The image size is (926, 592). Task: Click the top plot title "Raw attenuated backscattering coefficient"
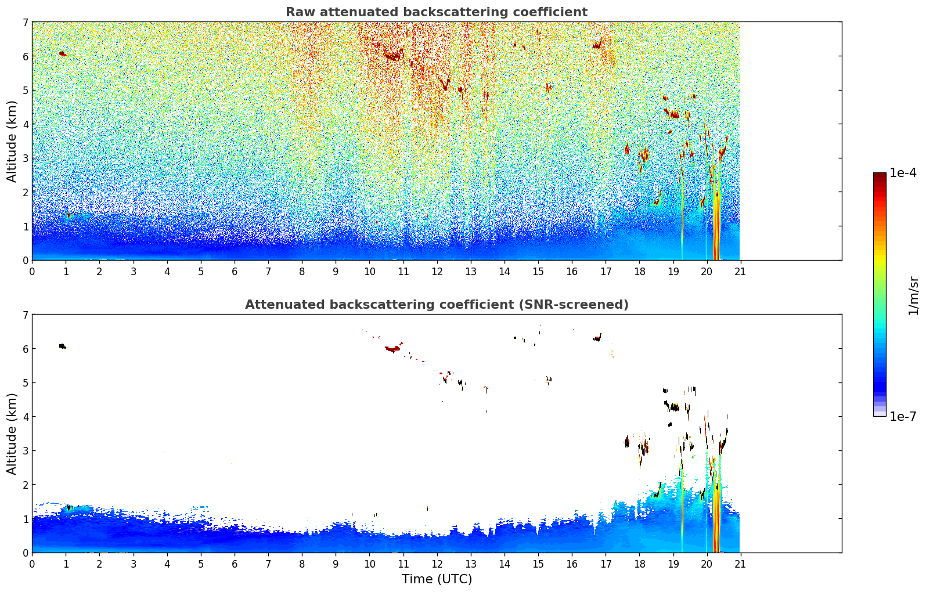coord(436,12)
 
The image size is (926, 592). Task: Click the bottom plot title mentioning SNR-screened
coord(436,305)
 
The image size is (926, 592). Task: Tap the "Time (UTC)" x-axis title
coord(437,579)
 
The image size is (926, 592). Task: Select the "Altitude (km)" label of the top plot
coord(12,141)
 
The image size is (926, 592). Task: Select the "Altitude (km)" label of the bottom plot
coord(12,434)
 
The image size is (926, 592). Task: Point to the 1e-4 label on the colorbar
coord(903,173)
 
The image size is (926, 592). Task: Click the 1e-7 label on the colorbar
coord(903,416)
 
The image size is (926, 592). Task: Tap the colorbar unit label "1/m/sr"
coord(913,296)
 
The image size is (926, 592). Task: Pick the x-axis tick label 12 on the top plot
coord(437,272)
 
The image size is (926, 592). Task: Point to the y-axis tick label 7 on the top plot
coord(25,23)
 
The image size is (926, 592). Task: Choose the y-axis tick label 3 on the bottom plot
coord(25,451)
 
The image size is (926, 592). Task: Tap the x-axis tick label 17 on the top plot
coord(606,272)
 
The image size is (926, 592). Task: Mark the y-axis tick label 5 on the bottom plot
coord(25,383)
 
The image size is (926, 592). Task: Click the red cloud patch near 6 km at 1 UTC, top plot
coord(62,53)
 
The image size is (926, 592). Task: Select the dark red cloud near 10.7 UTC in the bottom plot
coord(393,349)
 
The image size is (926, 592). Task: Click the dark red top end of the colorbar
coord(879,176)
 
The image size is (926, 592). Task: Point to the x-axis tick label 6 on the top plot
coord(235,272)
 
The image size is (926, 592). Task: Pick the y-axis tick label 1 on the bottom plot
coord(25,519)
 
